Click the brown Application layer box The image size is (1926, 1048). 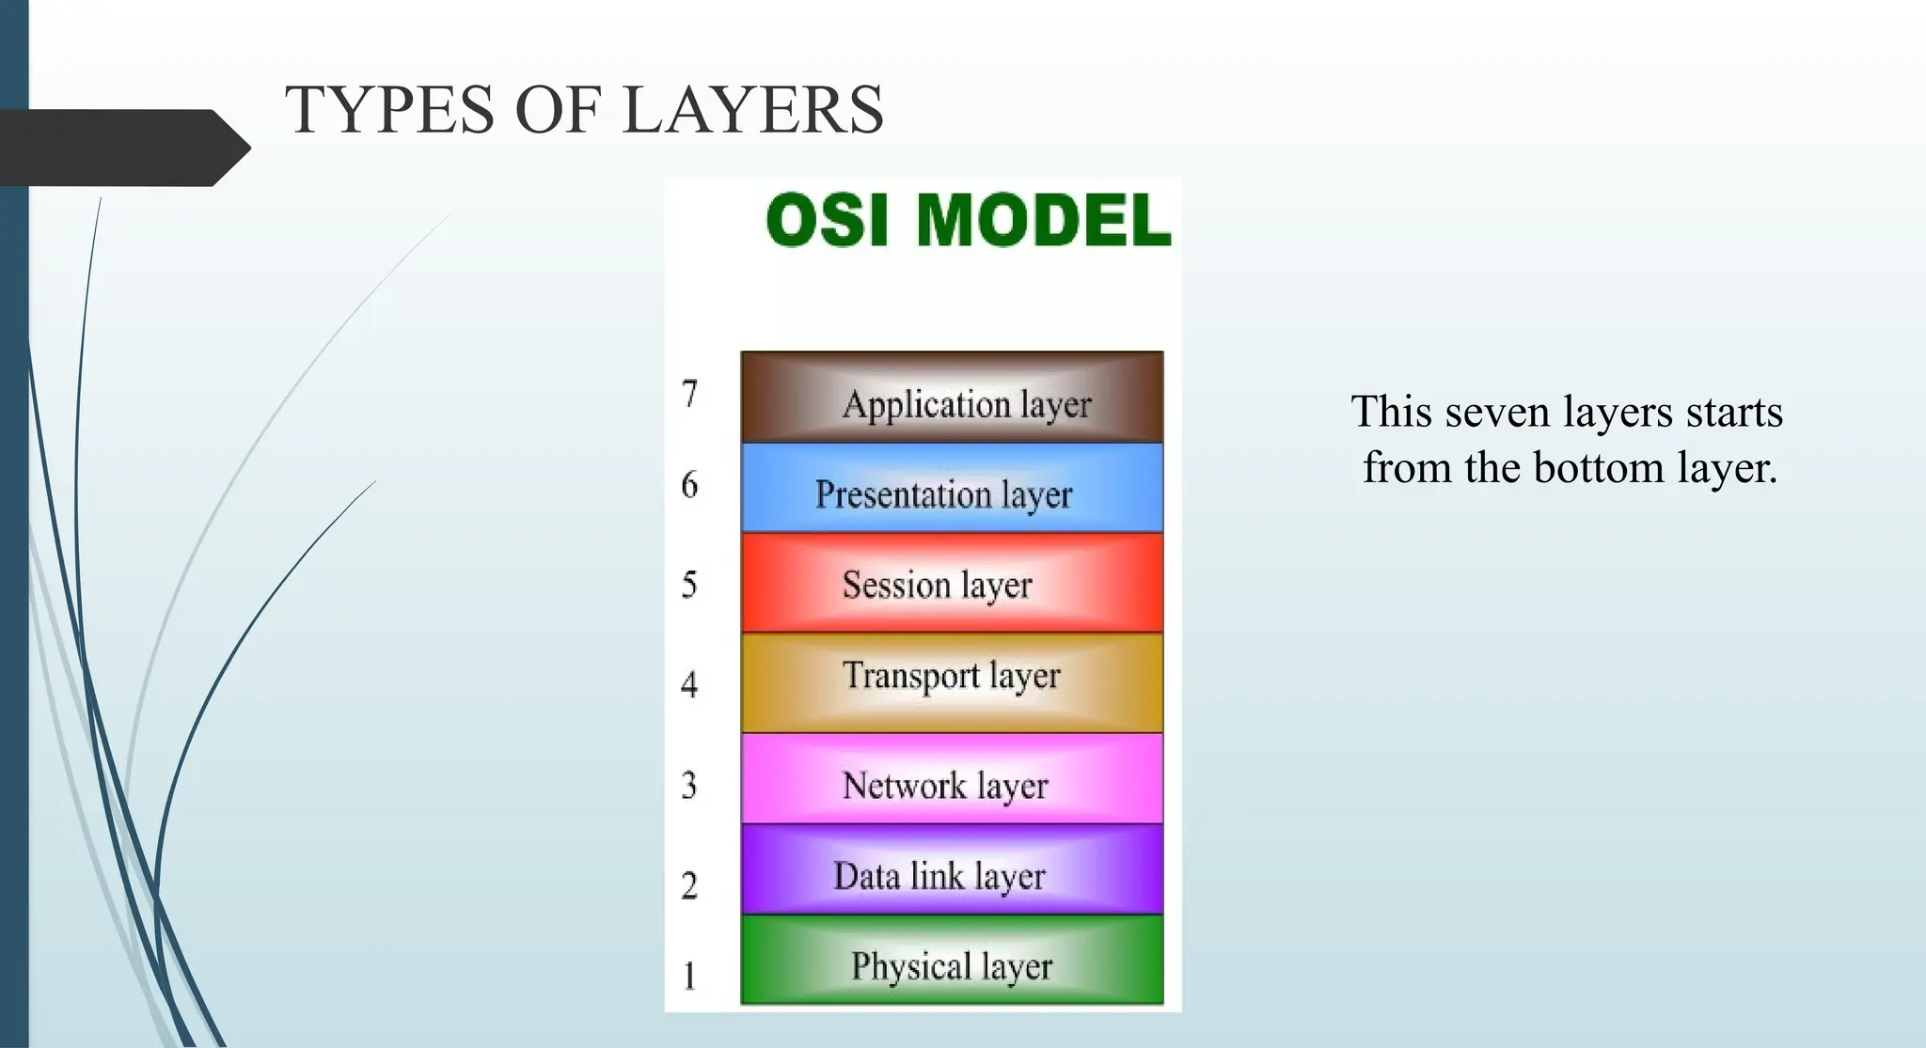952,398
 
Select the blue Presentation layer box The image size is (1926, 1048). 952,489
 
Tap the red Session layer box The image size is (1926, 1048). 952,583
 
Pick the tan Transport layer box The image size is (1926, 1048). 952,683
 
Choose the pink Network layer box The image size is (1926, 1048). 952,779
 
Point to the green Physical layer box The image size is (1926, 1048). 952,961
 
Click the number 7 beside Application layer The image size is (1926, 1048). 689,394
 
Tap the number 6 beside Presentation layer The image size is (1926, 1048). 689,485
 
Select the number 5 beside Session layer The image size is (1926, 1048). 689,585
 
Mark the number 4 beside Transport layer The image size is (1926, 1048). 689,684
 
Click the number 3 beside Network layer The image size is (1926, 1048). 689,785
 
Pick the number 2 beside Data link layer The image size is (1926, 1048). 689,885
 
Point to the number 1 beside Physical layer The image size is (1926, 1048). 689,976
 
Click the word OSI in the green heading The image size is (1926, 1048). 827,221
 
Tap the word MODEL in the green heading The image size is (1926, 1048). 1044,221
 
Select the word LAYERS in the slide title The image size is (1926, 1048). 752,110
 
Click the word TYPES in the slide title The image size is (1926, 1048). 389,110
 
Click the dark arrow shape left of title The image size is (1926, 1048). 122,148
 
